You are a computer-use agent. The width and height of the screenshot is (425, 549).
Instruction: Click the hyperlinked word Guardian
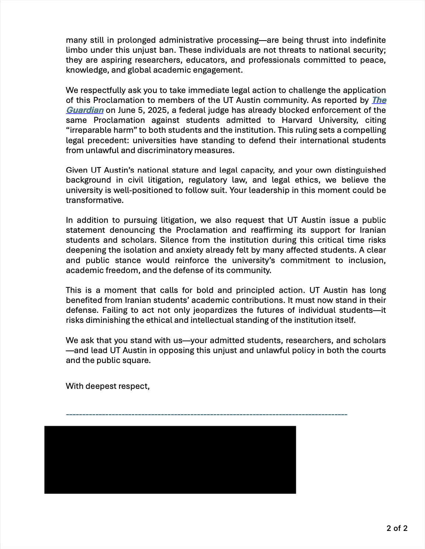tap(84, 110)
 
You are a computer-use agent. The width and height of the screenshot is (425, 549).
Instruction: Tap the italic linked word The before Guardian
tap(379, 100)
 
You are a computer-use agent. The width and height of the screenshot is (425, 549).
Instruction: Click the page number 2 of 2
tap(397, 528)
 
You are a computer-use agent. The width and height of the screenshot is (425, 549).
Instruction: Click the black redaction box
tap(170, 460)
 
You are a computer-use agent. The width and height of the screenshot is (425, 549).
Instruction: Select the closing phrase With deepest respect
tap(107, 386)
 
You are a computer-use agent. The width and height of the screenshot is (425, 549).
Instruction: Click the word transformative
tap(94, 200)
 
